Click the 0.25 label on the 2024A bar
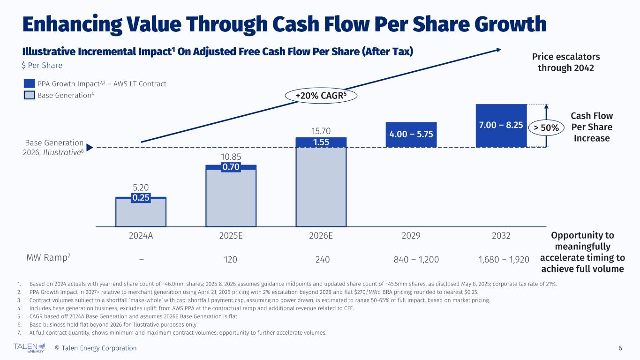pyautogui.click(x=141, y=198)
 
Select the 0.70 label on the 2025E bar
pyautogui.click(x=231, y=167)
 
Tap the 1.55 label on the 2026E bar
pyautogui.click(x=321, y=141)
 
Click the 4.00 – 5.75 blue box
pyautogui.click(x=411, y=135)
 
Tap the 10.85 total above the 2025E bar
pyautogui.click(x=231, y=157)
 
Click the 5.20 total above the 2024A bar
pyautogui.click(x=141, y=188)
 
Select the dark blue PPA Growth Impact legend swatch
pyautogui.click(x=30, y=84)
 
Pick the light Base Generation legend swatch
pyautogui.click(x=30, y=95)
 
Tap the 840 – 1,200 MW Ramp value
pyautogui.click(x=411, y=259)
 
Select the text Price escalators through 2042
pyautogui.click(x=565, y=62)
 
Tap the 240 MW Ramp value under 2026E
pyautogui.click(x=321, y=259)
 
